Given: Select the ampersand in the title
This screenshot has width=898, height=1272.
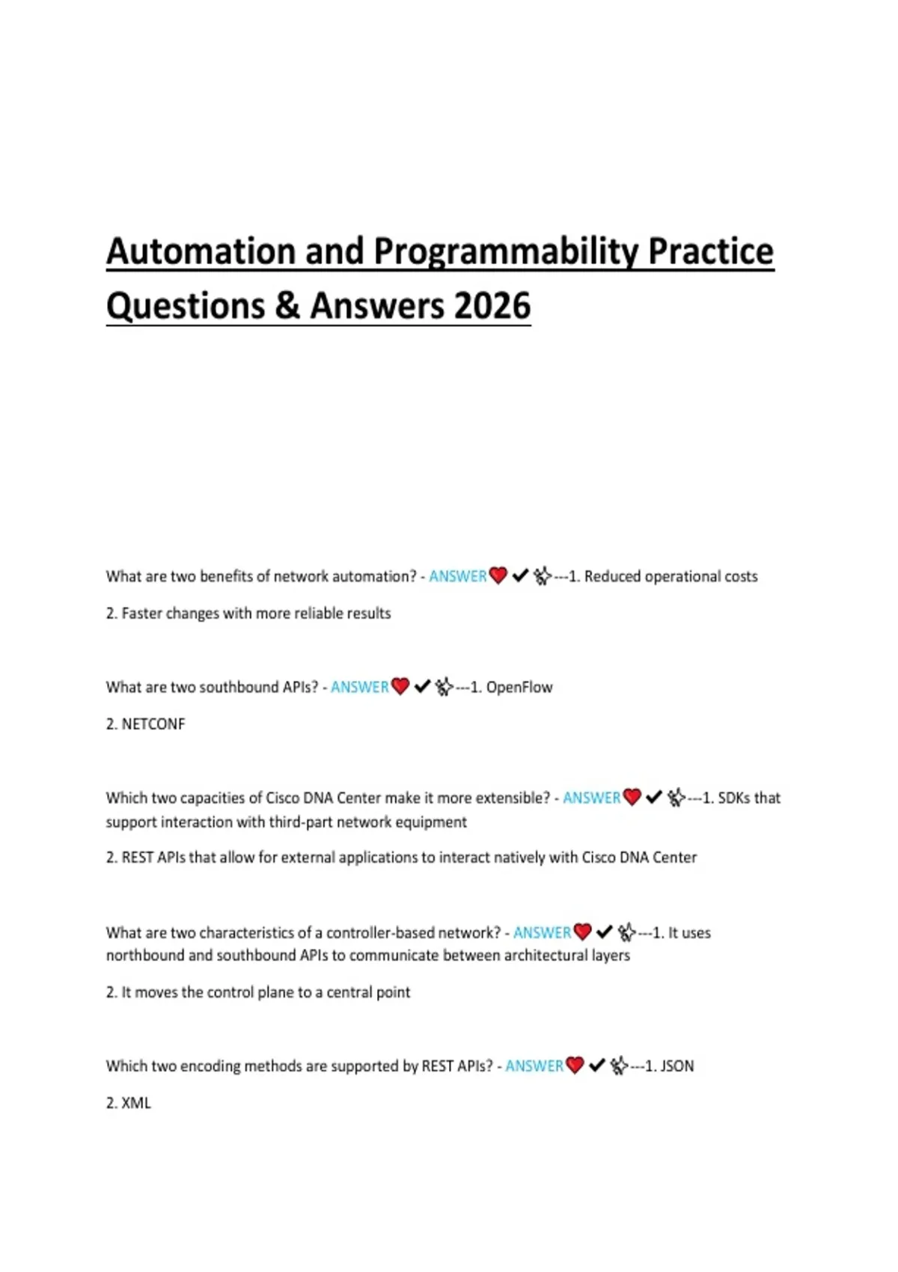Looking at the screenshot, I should point(287,306).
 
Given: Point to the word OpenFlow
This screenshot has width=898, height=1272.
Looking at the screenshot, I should point(519,688).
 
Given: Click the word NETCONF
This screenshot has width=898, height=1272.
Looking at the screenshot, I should point(153,724).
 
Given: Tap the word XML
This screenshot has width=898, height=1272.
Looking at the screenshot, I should point(135,1103).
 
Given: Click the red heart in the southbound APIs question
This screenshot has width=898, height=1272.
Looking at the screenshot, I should point(400,687).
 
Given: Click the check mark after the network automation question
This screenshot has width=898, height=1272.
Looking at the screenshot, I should point(520,576).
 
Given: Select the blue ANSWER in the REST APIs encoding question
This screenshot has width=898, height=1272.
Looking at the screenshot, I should point(534,1066).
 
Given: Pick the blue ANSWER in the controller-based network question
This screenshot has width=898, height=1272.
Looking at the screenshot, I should point(542,933).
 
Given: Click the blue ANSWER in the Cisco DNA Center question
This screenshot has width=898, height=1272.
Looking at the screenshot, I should point(591,798).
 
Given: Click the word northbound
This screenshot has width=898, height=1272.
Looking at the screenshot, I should point(144,955).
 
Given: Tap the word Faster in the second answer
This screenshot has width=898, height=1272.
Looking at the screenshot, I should point(141,614).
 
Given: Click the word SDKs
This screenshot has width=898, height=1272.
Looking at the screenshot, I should point(733,798).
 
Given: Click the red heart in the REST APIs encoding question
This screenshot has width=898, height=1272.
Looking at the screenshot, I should point(575,1065).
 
